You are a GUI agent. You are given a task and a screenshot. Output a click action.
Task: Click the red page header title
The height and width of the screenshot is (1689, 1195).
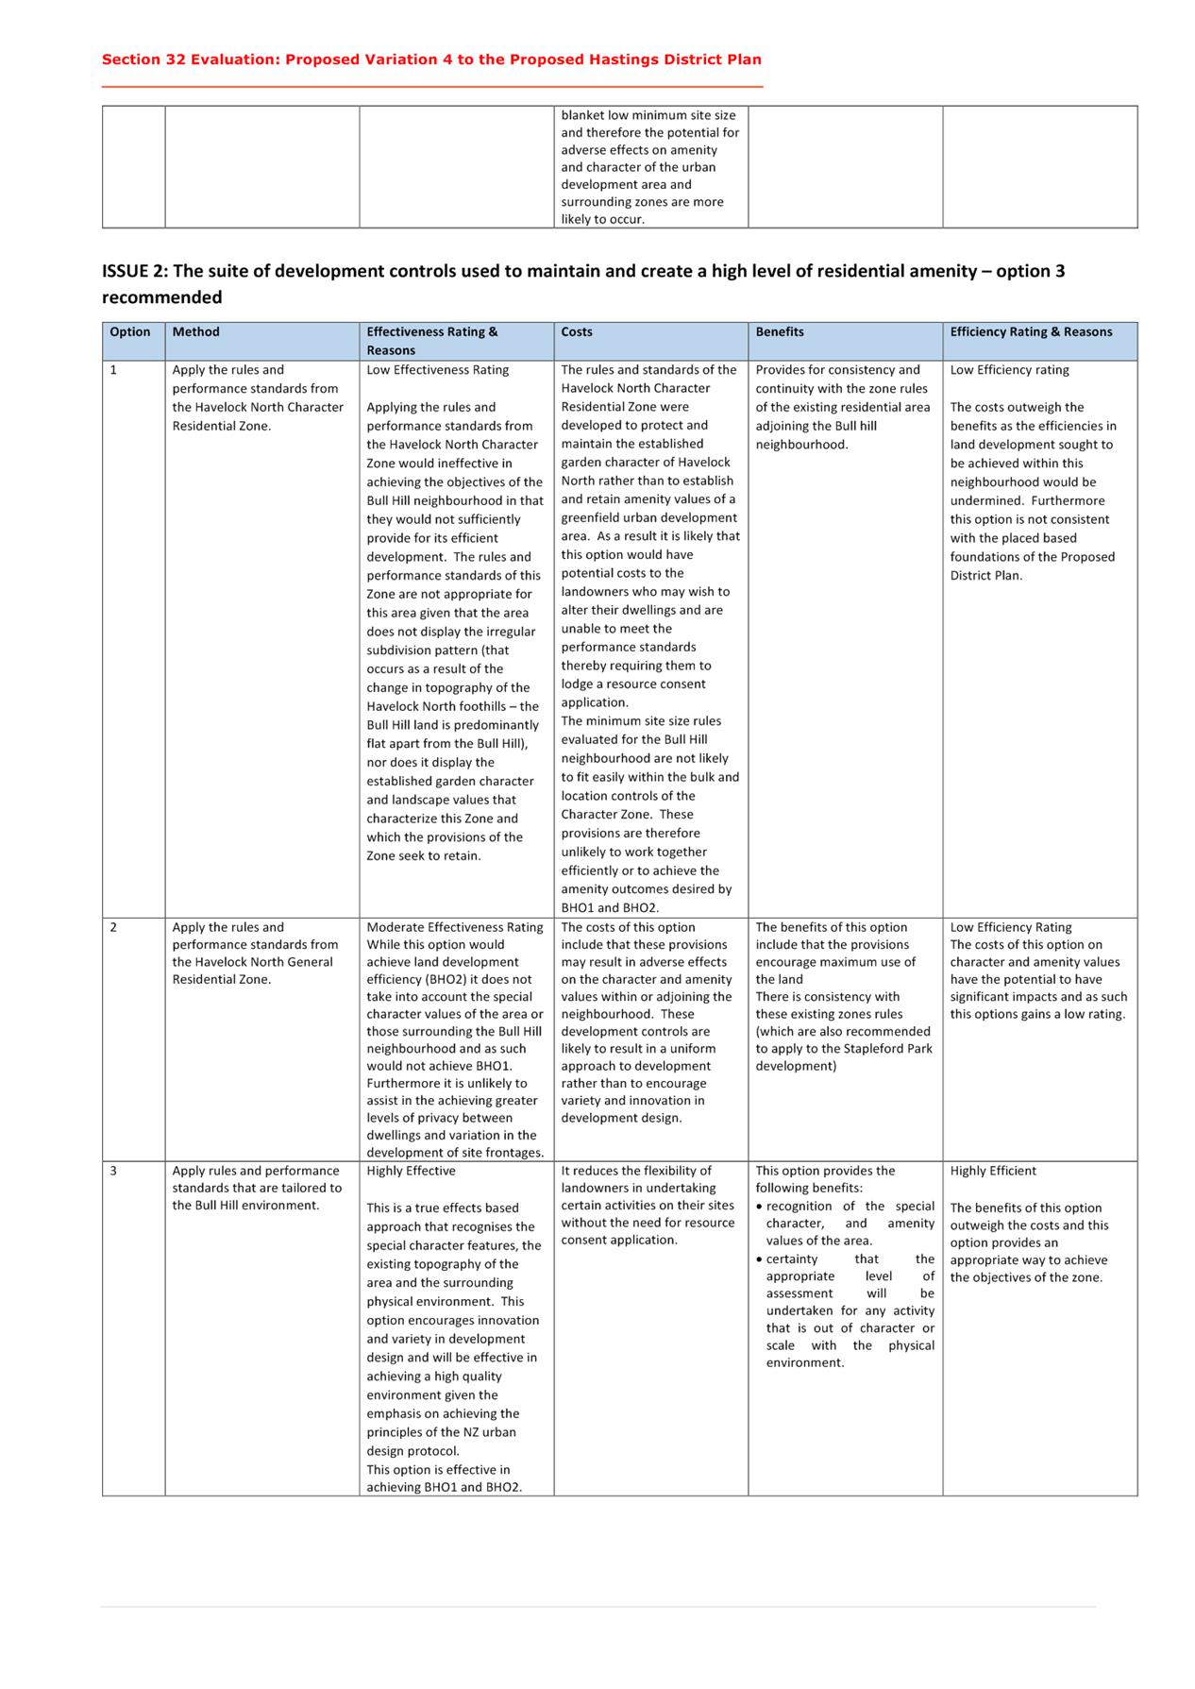pyautogui.click(x=431, y=59)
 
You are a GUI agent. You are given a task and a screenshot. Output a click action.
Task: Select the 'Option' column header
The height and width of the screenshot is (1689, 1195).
pyautogui.click(x=130, y=332)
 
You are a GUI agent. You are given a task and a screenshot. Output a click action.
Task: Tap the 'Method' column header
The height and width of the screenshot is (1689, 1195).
pyautogui.click(x=195, y=332)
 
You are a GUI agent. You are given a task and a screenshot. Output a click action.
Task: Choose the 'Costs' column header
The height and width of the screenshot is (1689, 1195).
pyautogui.click(x=577, y=332)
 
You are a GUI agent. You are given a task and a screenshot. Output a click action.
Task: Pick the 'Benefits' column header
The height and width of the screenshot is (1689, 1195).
pyautogui.click(x=780, y=332)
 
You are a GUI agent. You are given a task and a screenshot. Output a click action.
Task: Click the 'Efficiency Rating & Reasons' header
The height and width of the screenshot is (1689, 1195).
pyautogui.click(x=1031, y=332)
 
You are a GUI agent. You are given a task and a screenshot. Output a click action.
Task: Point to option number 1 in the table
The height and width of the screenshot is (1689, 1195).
pyautogui.click(x=114, y=370)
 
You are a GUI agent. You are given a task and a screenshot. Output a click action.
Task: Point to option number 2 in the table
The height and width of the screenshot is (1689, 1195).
pyautogui.click(x=114, y=927)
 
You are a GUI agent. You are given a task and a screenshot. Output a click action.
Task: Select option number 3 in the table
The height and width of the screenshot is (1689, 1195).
pyautogui.click(x=114, y=1171)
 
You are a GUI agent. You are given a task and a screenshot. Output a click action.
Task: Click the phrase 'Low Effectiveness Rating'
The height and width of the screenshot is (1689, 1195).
pyautogui.click(x=437, y=370)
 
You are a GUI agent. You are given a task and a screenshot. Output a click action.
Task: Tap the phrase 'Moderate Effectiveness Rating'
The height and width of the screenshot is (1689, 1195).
pyautogui.click(x=455, y=927)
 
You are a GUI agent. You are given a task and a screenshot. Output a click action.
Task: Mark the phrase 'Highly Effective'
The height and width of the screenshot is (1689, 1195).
pyautogui.click(x=411, y=1171)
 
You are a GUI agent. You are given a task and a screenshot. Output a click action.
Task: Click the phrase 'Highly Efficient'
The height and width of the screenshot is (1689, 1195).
pyautogui.click(x=993, y=1171)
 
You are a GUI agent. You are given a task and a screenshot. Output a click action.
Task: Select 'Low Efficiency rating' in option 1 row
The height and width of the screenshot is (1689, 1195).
pyautogui.click(x=1009, y=370)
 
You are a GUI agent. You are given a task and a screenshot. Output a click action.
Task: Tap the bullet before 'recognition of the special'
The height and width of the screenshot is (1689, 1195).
pyautogui.click(x=760, y=1207)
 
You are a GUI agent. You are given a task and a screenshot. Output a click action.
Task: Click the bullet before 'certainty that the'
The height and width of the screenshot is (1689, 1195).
pyautogui.click(x=760, y=1259)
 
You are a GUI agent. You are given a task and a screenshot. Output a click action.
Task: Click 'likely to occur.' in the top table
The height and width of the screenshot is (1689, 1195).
pyautogui.click(x=603, y=219)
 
